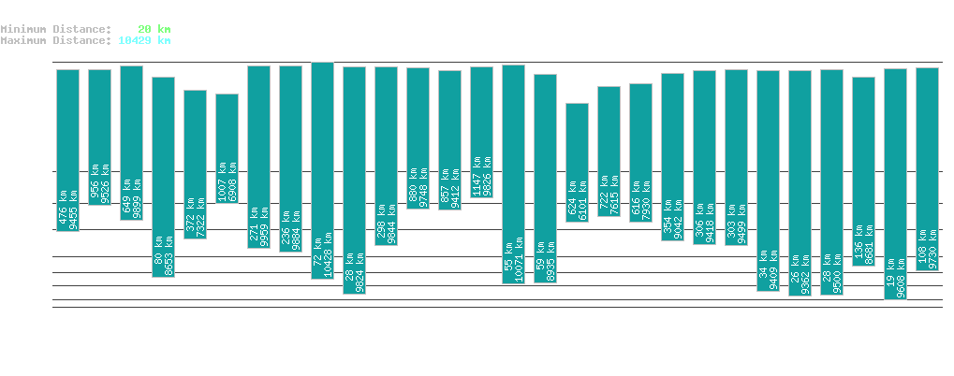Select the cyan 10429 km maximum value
click(144, 40)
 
